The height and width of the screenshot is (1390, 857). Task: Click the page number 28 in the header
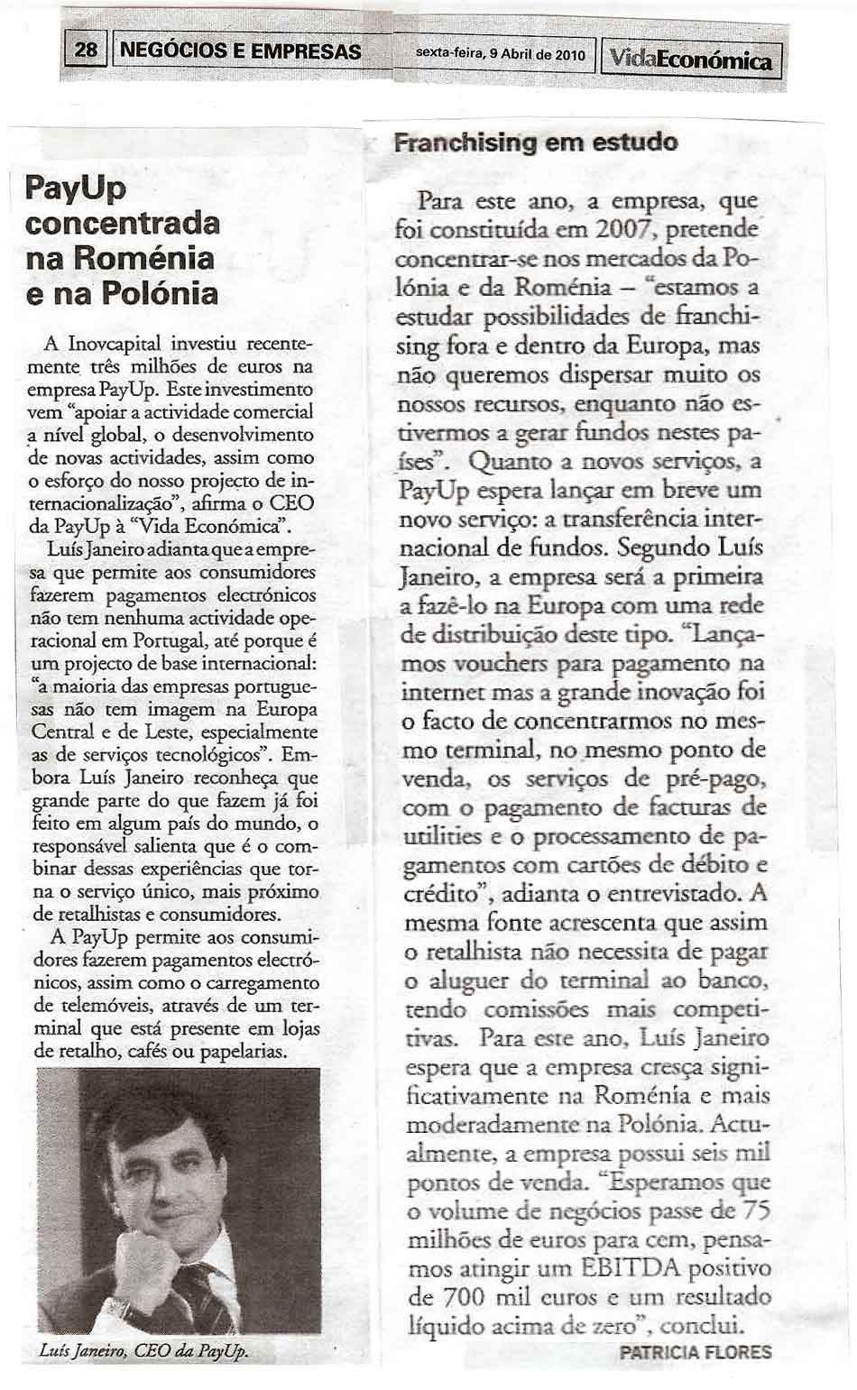click(86, 51)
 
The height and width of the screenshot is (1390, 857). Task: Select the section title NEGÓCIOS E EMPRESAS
click(240, 51)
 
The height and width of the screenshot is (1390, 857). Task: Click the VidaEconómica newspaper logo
click(691, 60)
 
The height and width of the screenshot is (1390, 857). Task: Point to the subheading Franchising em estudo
click(535, 143)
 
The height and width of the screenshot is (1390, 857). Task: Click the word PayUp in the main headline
click(76, 188)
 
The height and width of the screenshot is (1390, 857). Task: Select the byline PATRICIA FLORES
click(696, 1351)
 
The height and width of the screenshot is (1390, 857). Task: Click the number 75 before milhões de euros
click(752, 1210)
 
